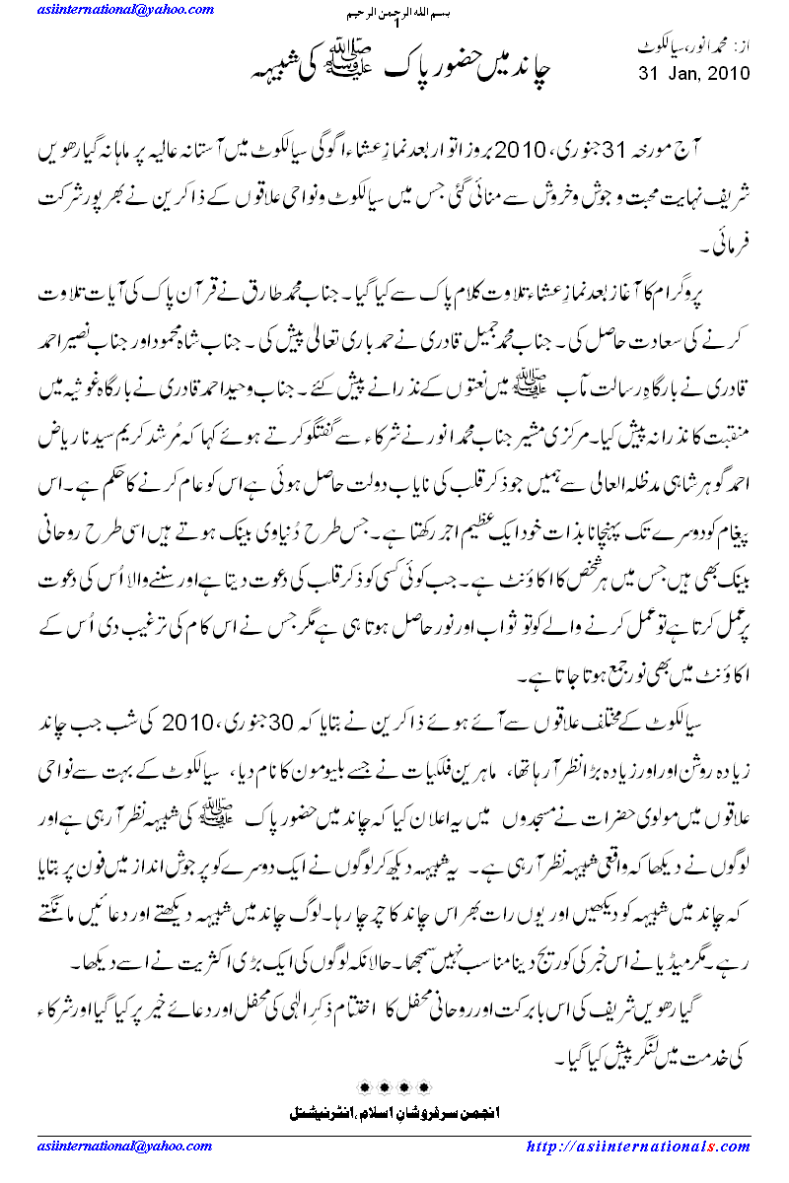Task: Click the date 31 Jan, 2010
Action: (693, 73)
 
